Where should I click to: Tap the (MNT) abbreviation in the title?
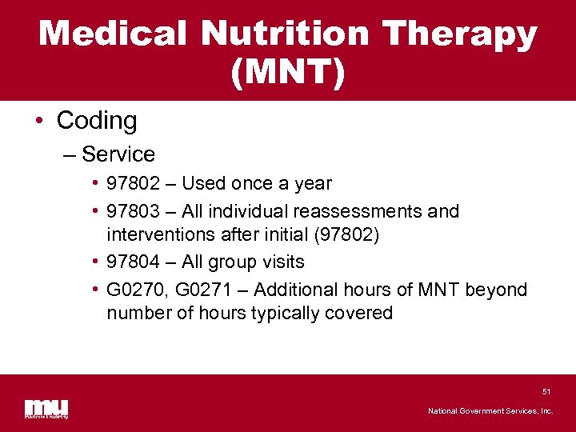pyautogui.click(x=288, y=73)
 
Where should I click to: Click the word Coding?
pyautogui.click(x=97, y=121)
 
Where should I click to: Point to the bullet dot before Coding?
pyautogui.click(x=39, y=122)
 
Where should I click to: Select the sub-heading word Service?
pyautogui.click(x=118, y=154)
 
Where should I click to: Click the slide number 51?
pyautogui.click(x=546, y=391)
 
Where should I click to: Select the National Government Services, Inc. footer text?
pyautogui.click(x=490, y=411)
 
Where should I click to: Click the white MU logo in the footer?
pyautogui.click(x=46, y=407)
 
